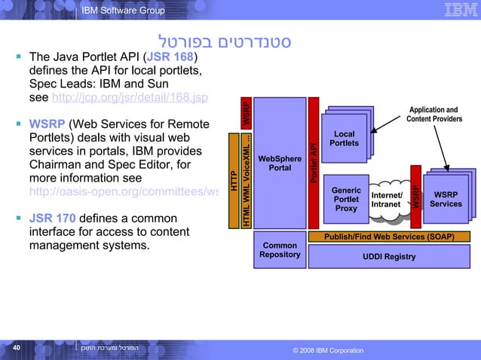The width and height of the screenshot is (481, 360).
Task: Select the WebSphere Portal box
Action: [x=280, y=163]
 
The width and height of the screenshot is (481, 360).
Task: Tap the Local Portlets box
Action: [x=345, y=139]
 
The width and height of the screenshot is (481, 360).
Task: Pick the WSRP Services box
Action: [x=446, y=199]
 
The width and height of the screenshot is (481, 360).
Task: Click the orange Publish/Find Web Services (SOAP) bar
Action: [x=389, y=236]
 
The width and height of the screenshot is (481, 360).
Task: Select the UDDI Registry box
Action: [x=389, y=257]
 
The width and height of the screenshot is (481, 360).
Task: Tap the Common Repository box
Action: [x=280, y=250]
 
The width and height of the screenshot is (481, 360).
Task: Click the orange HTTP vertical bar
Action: [x=233, y=181]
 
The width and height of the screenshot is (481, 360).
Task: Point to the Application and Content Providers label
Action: [x=434, y=114]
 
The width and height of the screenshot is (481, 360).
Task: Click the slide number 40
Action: [x=16, y=348]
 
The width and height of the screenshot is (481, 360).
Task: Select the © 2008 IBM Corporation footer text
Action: [x=326, y=350]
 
